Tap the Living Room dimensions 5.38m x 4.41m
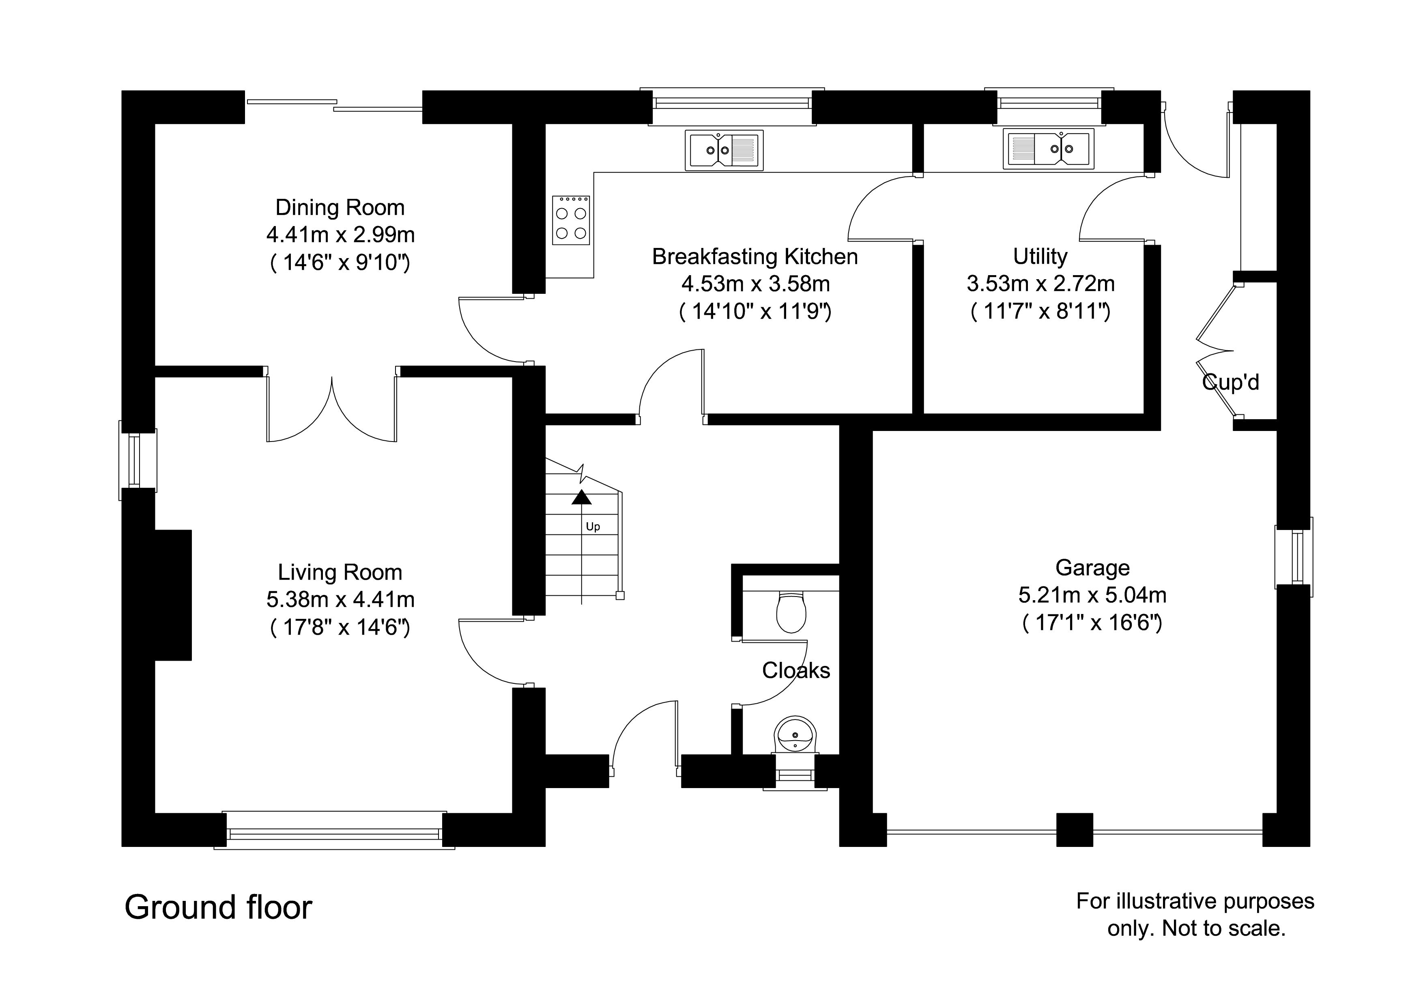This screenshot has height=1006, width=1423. coord(340,599)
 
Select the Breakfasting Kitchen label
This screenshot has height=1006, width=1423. coord(755,256)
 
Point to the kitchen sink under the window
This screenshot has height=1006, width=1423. coord(724,150)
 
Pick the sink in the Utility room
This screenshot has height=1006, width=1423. coord(1049,149)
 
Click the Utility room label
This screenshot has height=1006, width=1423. coord(1040,256)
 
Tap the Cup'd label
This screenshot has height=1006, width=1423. coord(1230,382)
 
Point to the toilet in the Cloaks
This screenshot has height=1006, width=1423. coord(791,611)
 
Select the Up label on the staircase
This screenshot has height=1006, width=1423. coord(593,527)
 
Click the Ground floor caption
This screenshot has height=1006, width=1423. coord(218,907)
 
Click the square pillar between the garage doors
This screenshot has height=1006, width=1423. coord(1074,829)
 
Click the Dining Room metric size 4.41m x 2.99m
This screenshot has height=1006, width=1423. coord(340,235)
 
